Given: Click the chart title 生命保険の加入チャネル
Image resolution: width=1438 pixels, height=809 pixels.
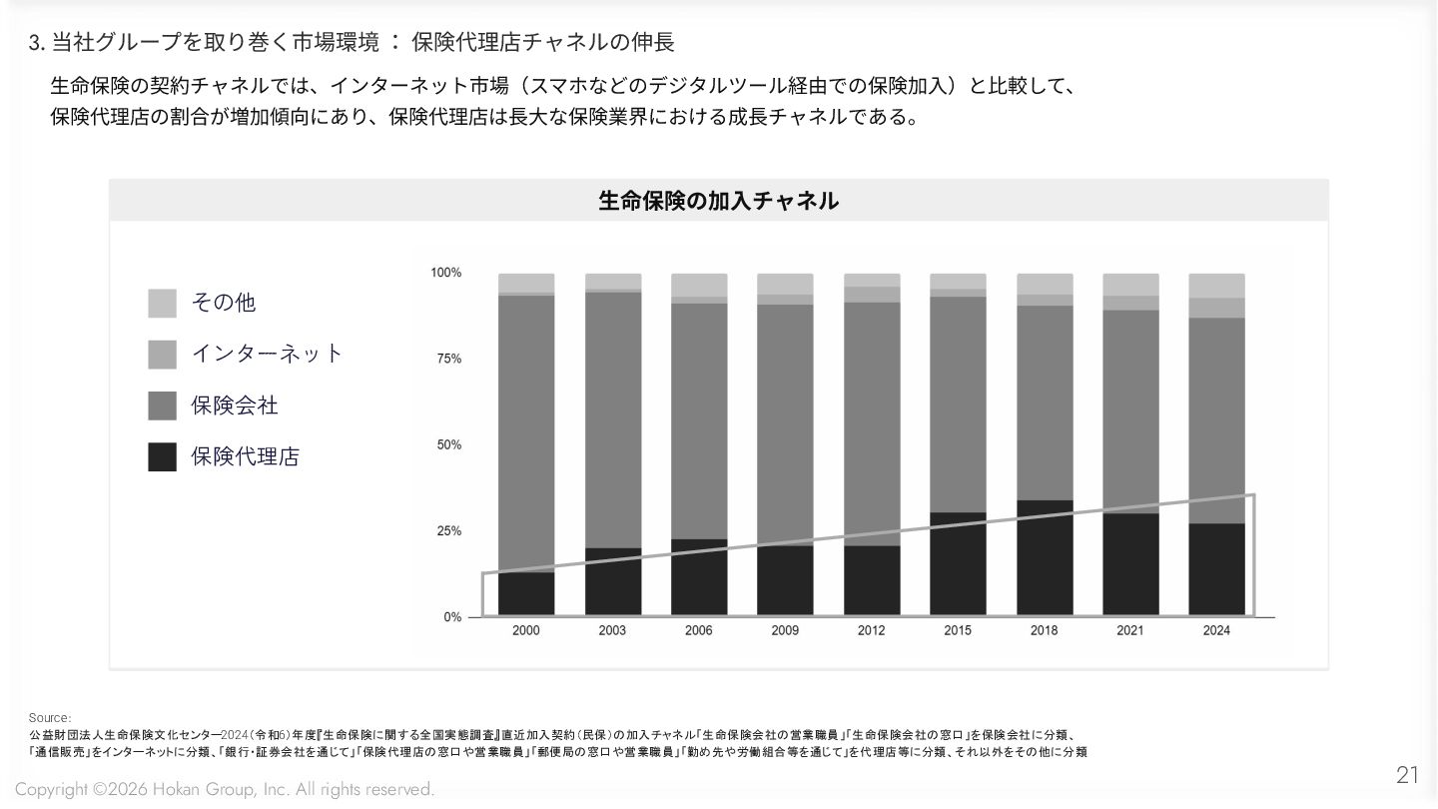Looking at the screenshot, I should [718, 201].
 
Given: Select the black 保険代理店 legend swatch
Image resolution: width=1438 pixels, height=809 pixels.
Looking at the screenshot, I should [162, 457].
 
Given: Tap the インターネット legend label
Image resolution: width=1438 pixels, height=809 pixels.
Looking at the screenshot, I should [267, 354].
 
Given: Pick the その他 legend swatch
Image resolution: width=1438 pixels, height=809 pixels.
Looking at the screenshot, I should [162, 303].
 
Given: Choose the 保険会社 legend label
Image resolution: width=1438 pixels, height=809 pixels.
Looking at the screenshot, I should [235, 405].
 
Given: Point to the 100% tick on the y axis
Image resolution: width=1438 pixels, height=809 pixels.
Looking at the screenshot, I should [445, 273].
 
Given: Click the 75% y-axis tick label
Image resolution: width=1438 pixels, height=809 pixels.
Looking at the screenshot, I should [449, 359].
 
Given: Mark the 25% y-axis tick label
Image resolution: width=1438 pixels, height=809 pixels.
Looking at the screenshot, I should [449, 531].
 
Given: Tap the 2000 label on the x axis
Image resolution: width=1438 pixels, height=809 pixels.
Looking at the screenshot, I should [526, 631].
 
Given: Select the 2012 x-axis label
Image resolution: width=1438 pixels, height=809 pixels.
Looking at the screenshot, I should [871, 631].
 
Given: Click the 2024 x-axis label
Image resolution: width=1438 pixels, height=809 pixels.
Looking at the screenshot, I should [1216, 631].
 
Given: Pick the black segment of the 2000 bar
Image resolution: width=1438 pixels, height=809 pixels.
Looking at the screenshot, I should [526, 593].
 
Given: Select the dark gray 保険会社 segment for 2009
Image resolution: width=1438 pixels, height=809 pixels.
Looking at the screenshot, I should [785, 424].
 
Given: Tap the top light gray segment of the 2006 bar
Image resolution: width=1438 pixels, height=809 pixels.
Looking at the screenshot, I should [699, 285].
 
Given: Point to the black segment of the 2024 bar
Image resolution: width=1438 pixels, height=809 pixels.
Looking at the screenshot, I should [1216, 569].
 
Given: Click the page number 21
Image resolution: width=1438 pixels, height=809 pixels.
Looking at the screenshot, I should [1407, 775].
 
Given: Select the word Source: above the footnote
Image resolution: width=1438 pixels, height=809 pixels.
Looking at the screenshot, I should [50, 718].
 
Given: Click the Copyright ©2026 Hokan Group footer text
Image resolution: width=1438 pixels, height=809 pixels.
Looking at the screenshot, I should [225, 790].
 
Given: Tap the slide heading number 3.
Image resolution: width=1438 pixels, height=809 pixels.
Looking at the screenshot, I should [36, 42].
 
